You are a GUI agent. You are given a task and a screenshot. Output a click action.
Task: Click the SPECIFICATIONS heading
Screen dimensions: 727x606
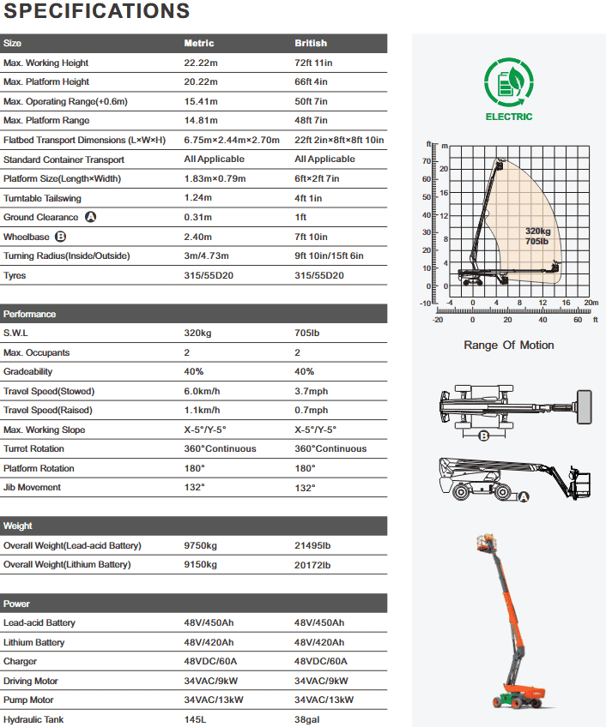[96, 11]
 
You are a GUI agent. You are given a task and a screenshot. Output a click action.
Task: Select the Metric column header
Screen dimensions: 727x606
[199, 43]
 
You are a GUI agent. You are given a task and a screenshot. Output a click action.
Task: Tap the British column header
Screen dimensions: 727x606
[311, 43]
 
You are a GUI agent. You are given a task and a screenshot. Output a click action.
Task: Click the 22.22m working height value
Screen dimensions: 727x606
[202, 63]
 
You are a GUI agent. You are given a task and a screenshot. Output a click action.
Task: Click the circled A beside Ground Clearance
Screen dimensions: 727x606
[91, 217]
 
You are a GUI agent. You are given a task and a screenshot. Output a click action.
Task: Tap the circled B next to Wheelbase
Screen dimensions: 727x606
[60, 237]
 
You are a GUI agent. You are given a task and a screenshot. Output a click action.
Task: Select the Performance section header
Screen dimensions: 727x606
[30, 314]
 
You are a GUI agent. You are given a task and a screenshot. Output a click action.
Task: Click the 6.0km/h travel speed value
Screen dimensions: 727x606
[203, 391]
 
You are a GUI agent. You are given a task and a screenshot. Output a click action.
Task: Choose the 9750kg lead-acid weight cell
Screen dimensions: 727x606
[201, 545]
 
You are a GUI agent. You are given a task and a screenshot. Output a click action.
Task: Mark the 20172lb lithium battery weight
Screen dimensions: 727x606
[313, 565]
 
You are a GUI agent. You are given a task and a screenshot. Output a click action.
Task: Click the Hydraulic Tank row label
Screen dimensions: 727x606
[33, 719]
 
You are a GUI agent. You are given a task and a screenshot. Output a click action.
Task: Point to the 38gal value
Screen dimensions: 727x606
[307, 719]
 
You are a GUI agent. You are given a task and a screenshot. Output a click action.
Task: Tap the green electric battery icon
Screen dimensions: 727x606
[509, 83]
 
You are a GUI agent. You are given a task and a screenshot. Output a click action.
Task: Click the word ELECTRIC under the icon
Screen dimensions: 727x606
[509, 117]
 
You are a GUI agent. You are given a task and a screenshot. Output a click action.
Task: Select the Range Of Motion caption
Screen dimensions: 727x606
[509, 345]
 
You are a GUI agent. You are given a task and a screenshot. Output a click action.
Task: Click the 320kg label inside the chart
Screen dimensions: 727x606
[537, 231]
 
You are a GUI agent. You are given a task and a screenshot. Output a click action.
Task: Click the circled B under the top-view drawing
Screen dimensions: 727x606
[483, 436]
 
